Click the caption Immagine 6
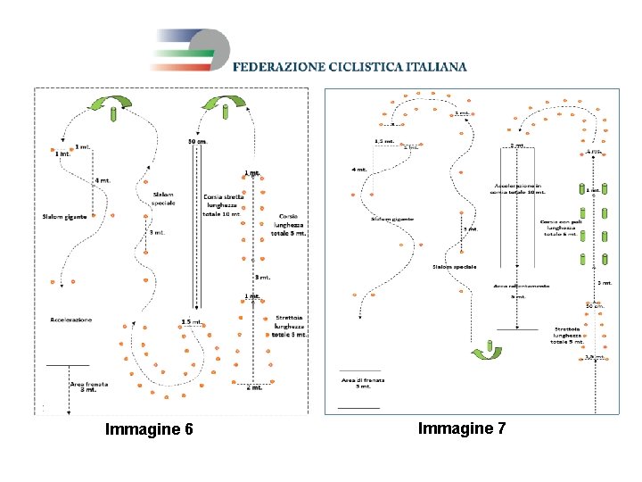[149, 429]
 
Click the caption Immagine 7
[462, 428]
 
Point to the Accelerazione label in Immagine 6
[71, 319]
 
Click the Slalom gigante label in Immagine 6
[65, 216]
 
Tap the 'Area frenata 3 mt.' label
[89, 386]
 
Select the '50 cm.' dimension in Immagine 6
[198, 140]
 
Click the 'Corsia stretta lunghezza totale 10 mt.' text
[222, 204]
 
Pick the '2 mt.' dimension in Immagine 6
[254, 387]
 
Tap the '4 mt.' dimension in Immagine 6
[103, 181]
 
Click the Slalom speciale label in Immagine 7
[454, 266]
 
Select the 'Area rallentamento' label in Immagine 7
[522, 286]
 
